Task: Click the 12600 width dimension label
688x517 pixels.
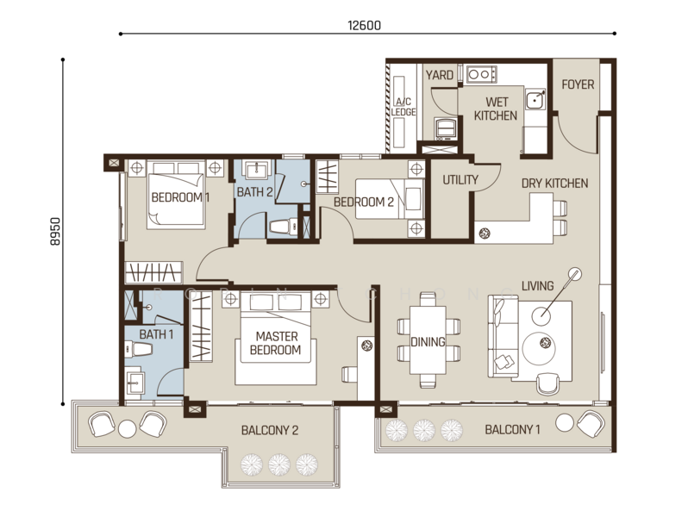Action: click(x=364, y=26)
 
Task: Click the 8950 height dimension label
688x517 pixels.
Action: click(x=55, y=231)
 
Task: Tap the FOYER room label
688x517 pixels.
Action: click(x=578, y=84)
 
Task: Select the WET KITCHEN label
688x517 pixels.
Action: click(x=496, y=109)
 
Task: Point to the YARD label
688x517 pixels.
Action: click(x=439, y=76)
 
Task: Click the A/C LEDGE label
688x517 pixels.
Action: click(x=403, y=107)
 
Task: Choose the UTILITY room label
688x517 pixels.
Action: click(x=460, y=179)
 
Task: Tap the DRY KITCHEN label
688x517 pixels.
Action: click(x=554, y=184)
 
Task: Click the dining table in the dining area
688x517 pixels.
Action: click(x=428, y=340)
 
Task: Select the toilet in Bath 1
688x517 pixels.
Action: click(x=139, y=350)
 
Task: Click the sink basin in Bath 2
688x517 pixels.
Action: click(x=257, y=170)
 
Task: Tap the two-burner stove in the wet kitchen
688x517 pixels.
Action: click(x=481, y=74)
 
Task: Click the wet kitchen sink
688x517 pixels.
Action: click(x=535, y=101)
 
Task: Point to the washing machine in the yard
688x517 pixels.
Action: click(x=445, y=129)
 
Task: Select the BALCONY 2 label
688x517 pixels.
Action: click(x=270, y=430)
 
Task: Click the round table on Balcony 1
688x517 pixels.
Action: click(x=564, y=423)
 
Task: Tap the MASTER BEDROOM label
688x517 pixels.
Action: click(x=276, y=343)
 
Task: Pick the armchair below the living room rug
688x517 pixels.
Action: click(x=548, y=383)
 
